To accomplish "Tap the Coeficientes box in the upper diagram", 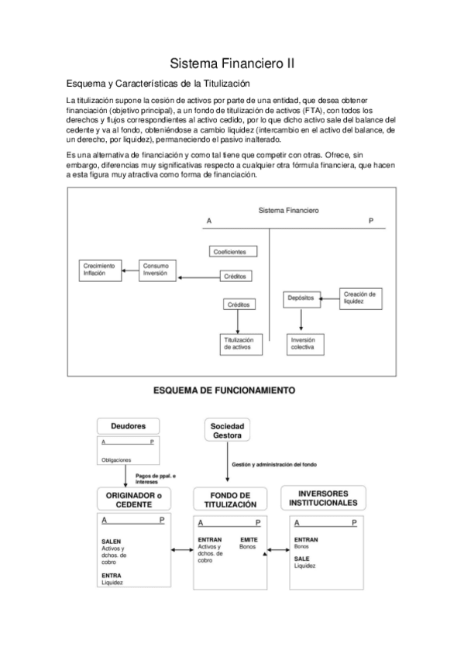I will tap(233, 251).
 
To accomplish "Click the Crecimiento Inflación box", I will tap(100, 270).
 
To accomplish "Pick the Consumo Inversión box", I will tap(157, 270).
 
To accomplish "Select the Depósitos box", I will tap(300, 297).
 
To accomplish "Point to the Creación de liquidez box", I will tap(359, 297).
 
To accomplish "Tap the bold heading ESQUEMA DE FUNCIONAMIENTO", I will tap(225, 391).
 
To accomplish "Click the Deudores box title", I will tap(128, 425).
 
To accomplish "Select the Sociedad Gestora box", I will tap(227, 430).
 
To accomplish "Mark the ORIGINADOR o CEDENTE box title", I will tap(129, 499).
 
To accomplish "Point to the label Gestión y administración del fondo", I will tap(274, 465).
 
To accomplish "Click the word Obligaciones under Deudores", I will tap(117, 459).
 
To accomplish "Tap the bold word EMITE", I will tap(249, 539).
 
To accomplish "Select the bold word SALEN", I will tap(112, 541).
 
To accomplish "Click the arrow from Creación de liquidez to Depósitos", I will tap(327, 297).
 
